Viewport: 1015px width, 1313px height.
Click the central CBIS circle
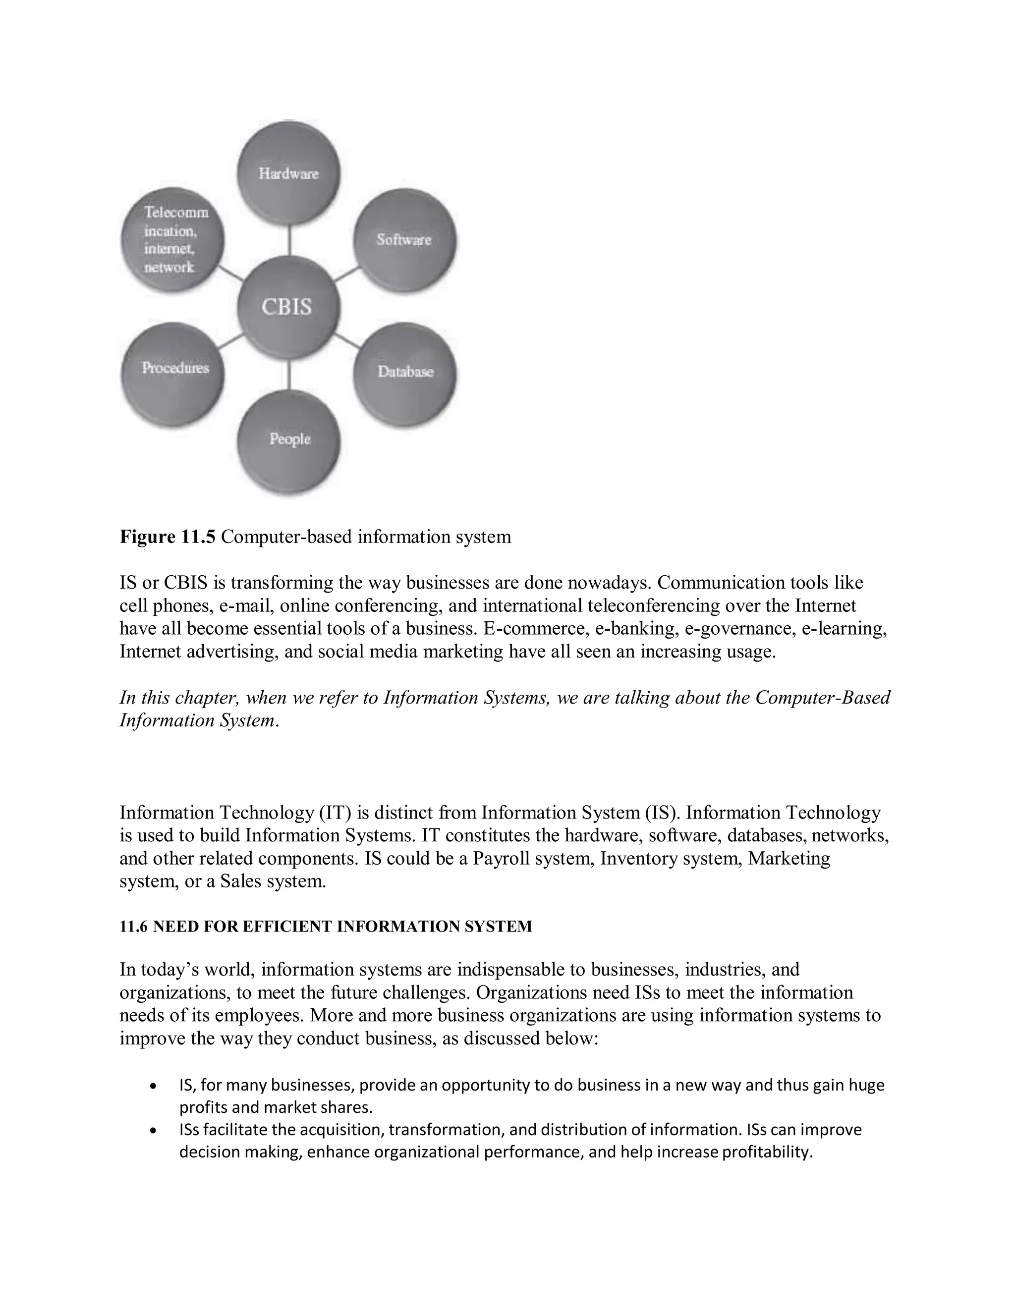(288, 307)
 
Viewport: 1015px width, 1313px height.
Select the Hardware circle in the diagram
(288, 173)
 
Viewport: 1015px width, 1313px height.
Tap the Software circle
(404, 240)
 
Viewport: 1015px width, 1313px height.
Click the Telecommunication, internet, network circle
(173, 240)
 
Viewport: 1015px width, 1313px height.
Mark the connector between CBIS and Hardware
(290, 240)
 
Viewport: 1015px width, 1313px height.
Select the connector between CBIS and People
(290, 375)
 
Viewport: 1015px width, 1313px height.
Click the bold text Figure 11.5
(167, 536)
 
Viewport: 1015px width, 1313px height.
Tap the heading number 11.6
(133, 927)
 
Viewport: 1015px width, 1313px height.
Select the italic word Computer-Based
(822, 698)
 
